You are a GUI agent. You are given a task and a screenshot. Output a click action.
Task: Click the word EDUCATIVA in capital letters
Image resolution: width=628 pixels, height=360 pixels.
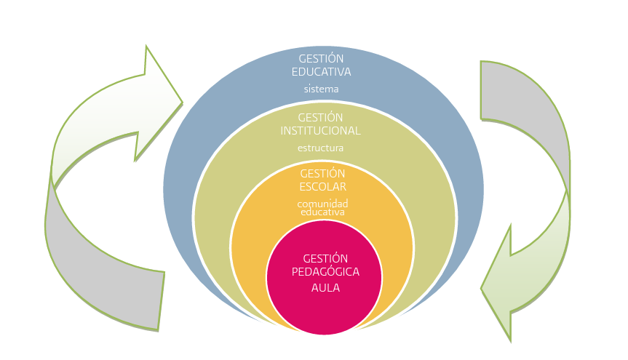click(x=321, y=72)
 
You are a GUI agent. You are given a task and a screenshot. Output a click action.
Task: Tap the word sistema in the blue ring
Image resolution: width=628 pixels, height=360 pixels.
click(x=321, y=89)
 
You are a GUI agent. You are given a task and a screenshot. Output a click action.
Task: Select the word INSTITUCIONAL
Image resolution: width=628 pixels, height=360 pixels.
click(x=321, y=131)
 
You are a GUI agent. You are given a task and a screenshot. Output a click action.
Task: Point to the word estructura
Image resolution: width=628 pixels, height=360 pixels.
click(x=321, y=148)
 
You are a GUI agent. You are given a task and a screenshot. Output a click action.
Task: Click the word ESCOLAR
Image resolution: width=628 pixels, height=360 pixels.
click(x=322, y=187)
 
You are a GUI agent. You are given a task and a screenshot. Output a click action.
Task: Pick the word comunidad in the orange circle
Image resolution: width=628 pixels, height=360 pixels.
click(x=322, y=204)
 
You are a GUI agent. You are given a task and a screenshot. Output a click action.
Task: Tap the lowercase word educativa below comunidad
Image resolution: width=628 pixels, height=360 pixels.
click(x=322, y=212)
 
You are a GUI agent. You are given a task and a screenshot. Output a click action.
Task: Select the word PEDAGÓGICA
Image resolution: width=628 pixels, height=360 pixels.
click(x=325, y=272)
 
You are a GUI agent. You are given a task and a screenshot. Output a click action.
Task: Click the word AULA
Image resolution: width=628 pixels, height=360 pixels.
click(x=325, y=288)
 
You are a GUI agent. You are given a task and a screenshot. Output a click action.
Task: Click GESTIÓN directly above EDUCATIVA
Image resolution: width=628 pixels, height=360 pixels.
click(x=321, y=58)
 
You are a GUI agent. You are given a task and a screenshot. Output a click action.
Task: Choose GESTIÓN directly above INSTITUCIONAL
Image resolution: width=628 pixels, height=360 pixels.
click(x=321, y=117)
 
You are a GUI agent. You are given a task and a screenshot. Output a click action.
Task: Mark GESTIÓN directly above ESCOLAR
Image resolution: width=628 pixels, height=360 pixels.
click(x=322, y=173)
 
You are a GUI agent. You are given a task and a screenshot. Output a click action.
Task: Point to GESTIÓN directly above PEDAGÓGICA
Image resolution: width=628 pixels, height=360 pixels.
click(x=325, y=258)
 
